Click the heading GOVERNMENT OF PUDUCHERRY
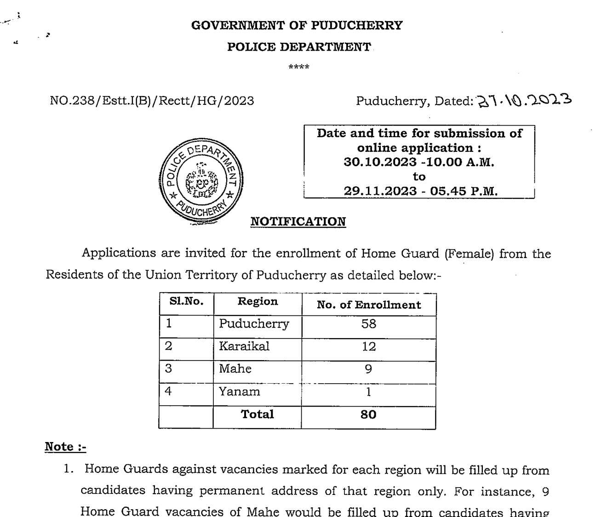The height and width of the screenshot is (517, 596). point(297,25)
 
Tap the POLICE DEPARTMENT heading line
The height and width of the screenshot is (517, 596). point(299,47)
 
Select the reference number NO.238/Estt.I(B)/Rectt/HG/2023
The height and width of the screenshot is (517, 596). point(152,101)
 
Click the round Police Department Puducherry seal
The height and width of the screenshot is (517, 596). point(201,181)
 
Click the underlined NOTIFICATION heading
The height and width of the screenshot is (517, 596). point(298,222)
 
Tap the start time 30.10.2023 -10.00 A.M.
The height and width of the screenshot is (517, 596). point(419,162)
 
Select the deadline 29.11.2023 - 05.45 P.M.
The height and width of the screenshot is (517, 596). point(421,191)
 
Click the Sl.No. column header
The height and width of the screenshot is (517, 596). point(186,302)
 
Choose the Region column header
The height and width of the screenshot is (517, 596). point(258,302)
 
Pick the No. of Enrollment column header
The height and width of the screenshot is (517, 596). point(369,305)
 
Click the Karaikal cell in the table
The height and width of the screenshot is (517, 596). point(244,346)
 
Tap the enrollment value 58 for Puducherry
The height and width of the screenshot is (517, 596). point(369,324)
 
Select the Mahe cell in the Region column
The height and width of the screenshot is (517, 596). point(235,369)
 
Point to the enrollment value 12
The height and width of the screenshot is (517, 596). point(369,346)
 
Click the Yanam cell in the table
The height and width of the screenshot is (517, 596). point(240,392)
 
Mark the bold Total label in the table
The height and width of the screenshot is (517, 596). point(258,414)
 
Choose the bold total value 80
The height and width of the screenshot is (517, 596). point(369,415)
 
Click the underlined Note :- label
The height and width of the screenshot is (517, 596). point(65,447)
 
